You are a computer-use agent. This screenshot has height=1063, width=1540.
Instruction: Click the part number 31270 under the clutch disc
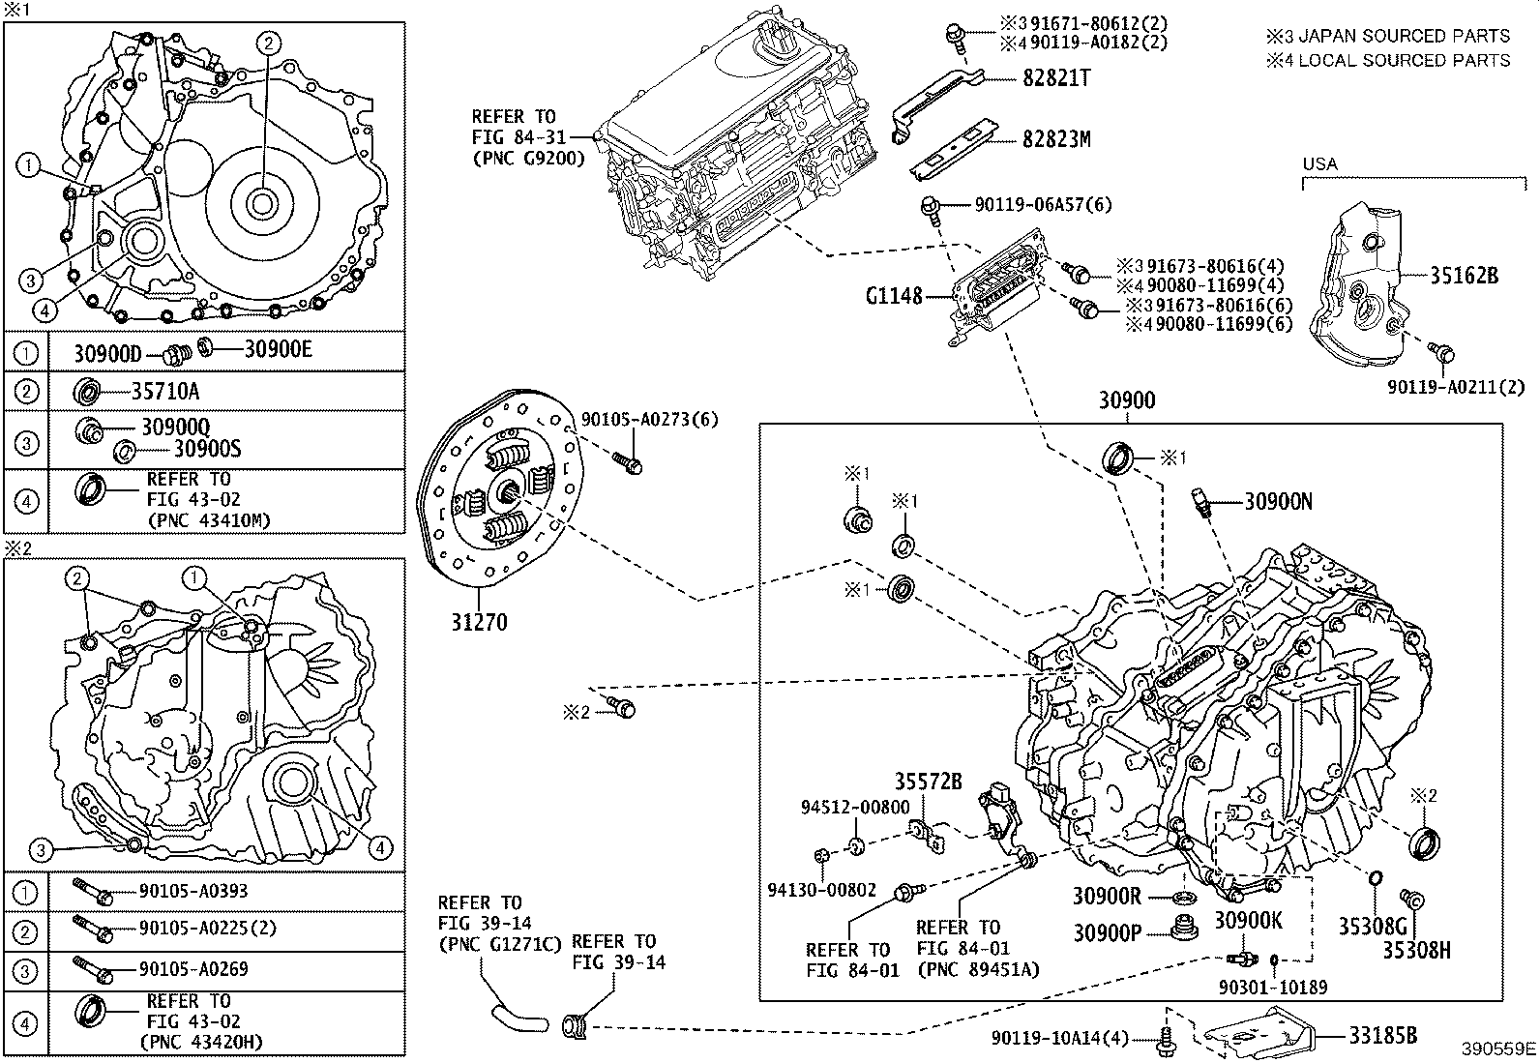point(478,622)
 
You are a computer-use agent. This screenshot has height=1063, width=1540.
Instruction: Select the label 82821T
point(1055,79)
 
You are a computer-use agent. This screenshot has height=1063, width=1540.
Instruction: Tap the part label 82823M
point(1056,139)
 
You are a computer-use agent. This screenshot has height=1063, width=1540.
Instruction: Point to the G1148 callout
point(894,296)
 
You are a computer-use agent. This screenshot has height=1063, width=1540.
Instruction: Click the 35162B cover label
point(1464,276)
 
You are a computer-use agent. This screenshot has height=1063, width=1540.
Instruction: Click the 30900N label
point(1278,501)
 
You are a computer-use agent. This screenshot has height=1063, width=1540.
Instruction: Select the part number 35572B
point(928,781)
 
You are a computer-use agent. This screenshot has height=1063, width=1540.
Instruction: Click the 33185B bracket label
point(1383,1036)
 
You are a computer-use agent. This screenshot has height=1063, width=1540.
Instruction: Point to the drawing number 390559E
point(1497,1048)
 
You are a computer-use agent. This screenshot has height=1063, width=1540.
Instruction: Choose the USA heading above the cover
point(1319,163)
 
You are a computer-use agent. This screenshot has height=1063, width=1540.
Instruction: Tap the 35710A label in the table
point(164,391)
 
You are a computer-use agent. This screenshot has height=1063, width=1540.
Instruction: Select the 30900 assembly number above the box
point(1126,400)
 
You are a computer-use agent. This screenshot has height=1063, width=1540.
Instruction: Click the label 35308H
point(1415,951)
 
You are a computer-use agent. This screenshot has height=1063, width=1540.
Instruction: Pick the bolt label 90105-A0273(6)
point(649,419)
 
